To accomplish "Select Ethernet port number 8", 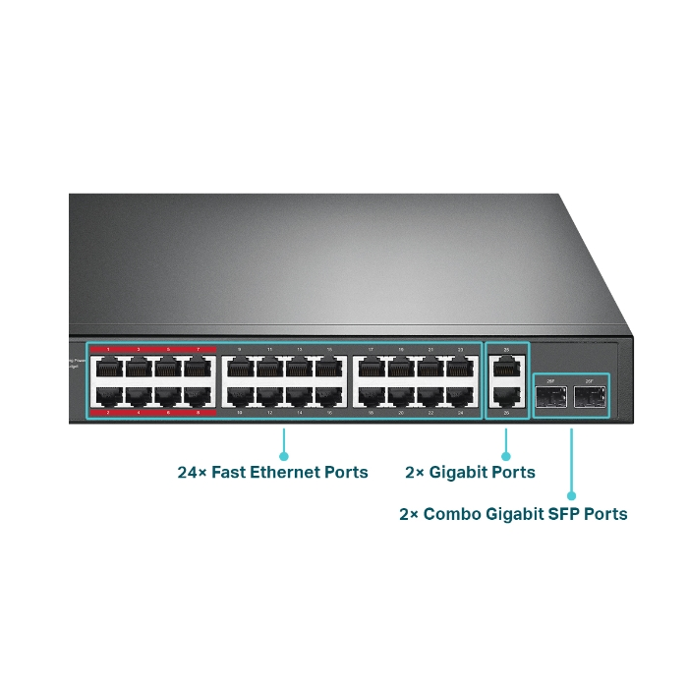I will (x=200, y=397).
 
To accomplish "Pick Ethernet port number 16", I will (x=329, y=397).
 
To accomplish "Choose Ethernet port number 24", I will (x=460, y=397).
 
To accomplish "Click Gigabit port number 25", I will (x=506, y=368).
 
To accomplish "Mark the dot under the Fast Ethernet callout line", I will (x=284, y=456).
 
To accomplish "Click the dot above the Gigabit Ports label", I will (x=506, y=456).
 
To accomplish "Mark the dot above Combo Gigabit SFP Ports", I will (x=572, y=496).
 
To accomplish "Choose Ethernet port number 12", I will (x=269, y=397).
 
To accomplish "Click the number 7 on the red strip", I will (x=199, y=350).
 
